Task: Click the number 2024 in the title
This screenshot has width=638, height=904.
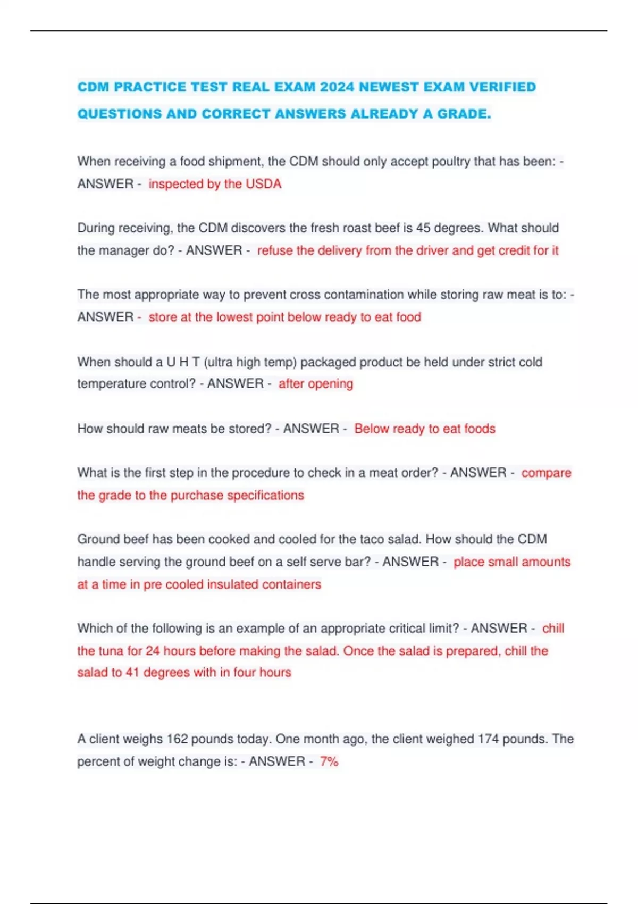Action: coord(337,87)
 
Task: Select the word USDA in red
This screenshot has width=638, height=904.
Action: coord(263,184)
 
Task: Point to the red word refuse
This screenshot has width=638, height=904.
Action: coord(275,250)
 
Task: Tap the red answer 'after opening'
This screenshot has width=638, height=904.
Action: coord(316,384)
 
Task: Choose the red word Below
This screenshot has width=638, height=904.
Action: coord(372,429)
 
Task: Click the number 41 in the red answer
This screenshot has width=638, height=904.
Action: coord(132,673)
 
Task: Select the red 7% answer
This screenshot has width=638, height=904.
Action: coord(329,761)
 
